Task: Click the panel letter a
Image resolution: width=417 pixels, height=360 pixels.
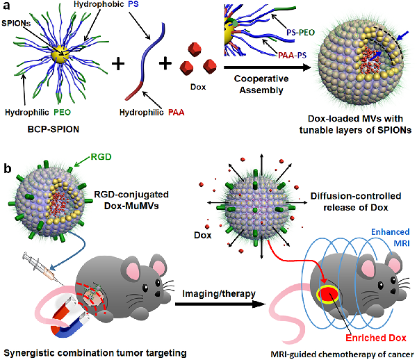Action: pos(7,8)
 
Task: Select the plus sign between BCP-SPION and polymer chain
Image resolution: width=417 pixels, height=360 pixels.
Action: pos(118,67)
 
